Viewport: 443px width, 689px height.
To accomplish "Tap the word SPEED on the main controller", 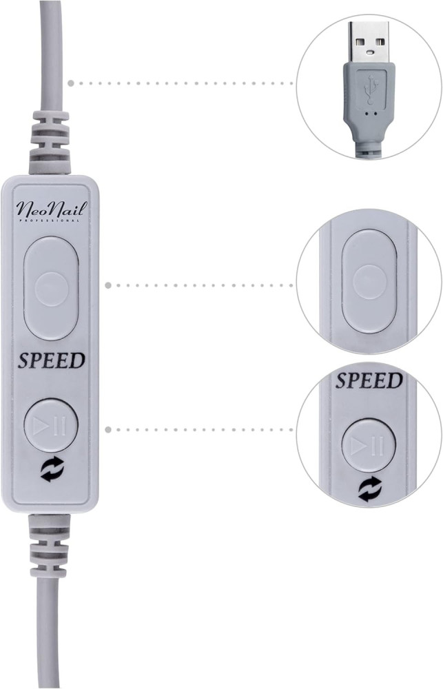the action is point(52,360).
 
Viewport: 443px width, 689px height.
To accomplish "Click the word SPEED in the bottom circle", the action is point(369,380).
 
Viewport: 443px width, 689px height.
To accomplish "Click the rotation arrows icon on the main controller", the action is point(52,469).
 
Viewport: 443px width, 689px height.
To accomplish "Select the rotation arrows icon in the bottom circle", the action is point(370,490).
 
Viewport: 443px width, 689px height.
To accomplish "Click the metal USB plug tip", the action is point(369,42).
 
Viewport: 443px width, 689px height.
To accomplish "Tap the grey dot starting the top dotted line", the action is point(72,83).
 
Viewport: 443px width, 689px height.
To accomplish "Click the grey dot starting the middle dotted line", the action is point(108,286).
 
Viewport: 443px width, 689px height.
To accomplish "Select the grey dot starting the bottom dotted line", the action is point(108,429).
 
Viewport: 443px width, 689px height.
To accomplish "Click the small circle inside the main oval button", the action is point(52,289).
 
